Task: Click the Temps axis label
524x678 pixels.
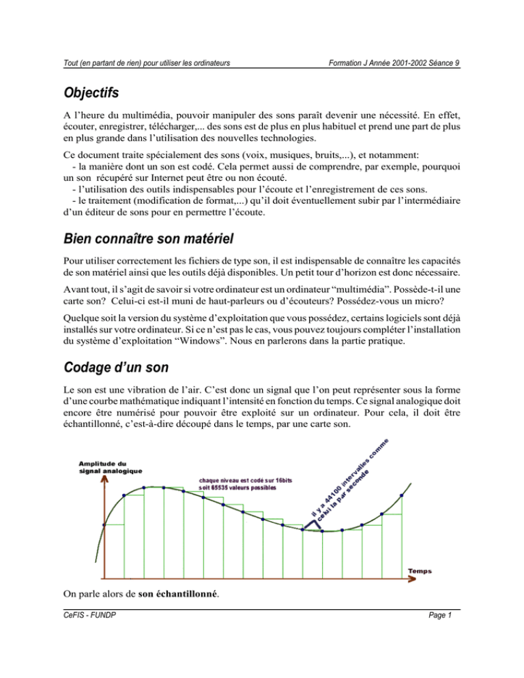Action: pyautogui.click(x=423, y=570)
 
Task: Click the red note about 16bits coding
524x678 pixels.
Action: pyautogui.click(x=245, y=484)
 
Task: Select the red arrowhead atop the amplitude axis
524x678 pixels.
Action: pyautogui.click(x=104, y=477)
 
